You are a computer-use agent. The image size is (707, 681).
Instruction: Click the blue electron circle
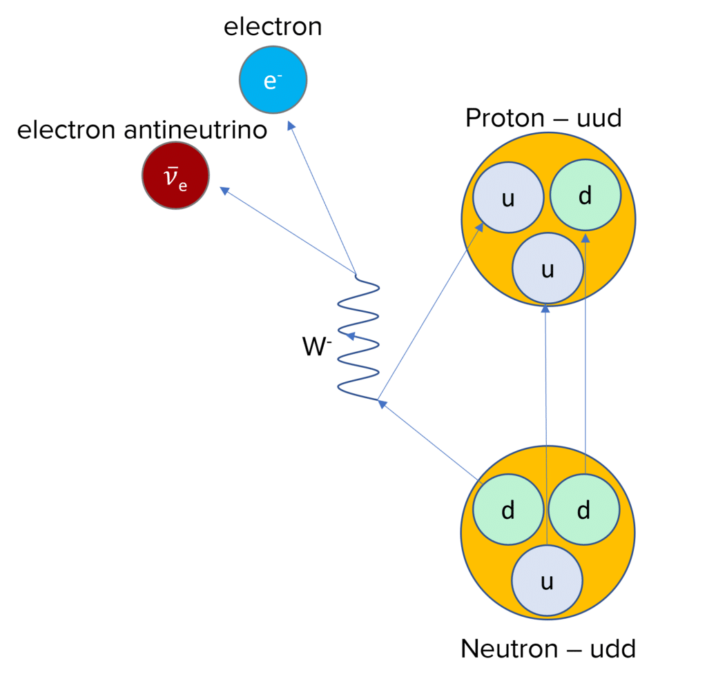point(273,81)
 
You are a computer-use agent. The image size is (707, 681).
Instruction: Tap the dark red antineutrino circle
point(175,175)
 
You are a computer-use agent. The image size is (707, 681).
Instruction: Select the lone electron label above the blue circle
point(273,28)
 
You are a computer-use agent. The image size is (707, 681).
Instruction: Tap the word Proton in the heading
point(503,119)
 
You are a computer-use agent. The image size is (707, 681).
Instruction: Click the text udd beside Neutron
point(608,649)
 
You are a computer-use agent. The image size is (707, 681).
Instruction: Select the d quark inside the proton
point(585,197)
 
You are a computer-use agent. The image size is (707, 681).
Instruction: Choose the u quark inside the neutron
point(547,582)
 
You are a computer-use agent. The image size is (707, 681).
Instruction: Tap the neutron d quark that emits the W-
point(507,511)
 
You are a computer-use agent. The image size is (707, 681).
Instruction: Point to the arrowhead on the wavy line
point(350,336)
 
